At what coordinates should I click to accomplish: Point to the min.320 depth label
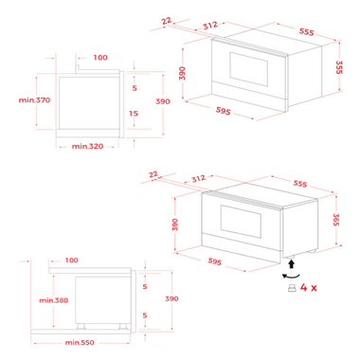(x=86, y=147)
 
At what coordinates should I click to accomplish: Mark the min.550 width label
(x=80, y=342)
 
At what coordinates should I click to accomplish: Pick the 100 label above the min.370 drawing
(x=100, y=58)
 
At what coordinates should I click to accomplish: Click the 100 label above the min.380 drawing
(x=72, y=259)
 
